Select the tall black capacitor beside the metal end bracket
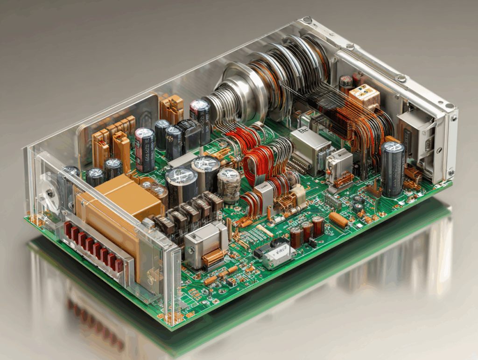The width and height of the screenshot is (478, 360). pos(393,168)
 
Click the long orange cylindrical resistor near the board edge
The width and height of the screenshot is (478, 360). pos(338,220)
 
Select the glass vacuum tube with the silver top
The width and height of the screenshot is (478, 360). pos(229,184)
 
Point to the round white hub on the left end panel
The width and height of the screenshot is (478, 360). pos(47,192)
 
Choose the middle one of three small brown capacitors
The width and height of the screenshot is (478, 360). pos(307,231)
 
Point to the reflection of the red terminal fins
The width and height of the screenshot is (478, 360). pos(93,322)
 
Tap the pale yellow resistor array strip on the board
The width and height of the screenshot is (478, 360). pos(264,231)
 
